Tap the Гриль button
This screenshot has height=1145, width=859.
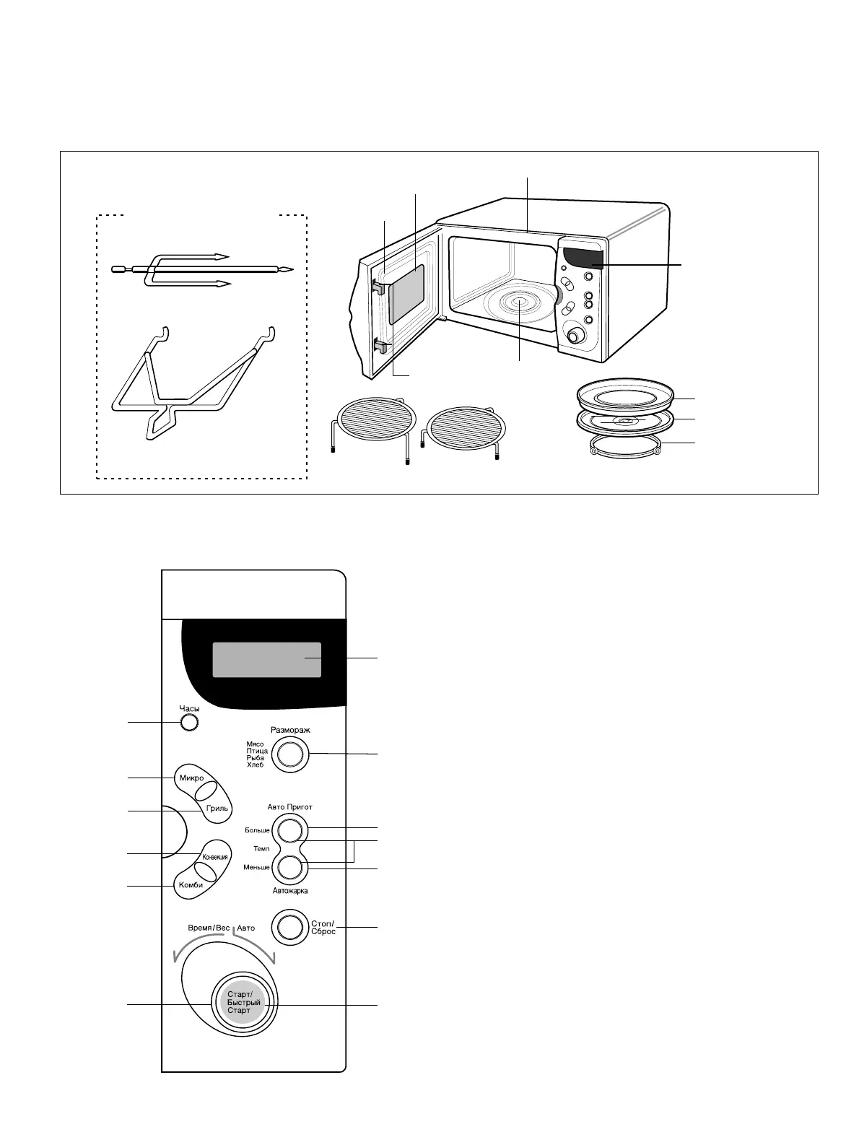[x=216, y=808]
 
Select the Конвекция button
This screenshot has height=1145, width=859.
[x=215, y=857]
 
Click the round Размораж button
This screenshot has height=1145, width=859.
[x=289, y=754]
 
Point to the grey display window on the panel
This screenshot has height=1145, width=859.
[x=266, y=659]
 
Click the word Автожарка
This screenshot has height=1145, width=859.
[x=290, y=891]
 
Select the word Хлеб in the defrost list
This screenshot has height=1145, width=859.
[x=255, y=765]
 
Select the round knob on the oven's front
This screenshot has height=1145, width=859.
[x=575, y=336]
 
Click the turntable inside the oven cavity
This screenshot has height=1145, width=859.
[x=518, y=305]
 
